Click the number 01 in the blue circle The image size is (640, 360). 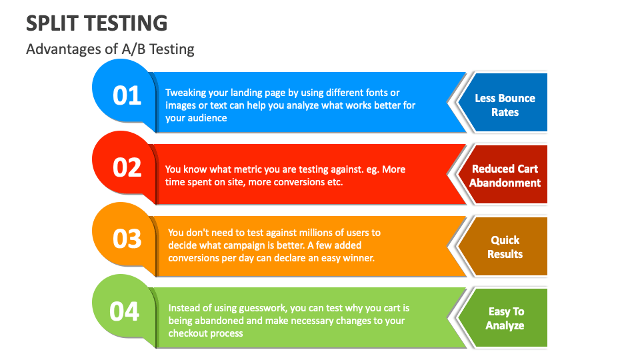[x=127, y=95]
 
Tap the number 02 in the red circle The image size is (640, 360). [x=127, y=167]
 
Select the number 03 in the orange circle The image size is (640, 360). [x=127, y=239]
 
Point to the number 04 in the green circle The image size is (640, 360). [x=125, y=311]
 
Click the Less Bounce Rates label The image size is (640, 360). [x=505, y=105]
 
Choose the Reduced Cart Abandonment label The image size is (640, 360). [x=505, y=176]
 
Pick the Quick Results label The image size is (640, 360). [x=505, y=247]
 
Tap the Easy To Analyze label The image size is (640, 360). [x=505, y=318]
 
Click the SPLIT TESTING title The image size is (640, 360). [x=97, y=23]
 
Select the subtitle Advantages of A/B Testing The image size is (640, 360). [x=110, y=49]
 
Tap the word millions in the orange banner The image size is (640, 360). [x=314, y=233]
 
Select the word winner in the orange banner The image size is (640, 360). [x=359, y=257]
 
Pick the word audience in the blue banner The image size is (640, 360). [x=207, y=119]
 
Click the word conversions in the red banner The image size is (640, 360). [x=294, y=181]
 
